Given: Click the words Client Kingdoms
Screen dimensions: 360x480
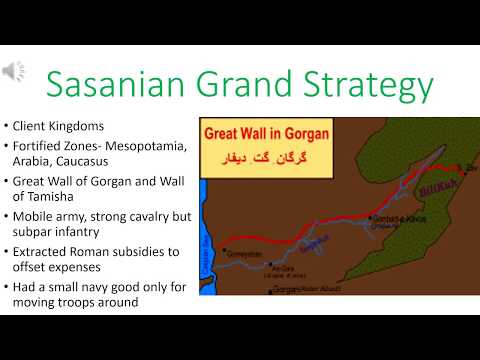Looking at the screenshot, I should (x=57, y=127).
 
